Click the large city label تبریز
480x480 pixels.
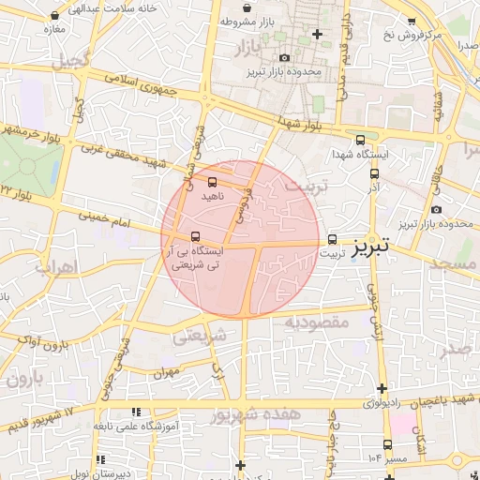tap(374, 249)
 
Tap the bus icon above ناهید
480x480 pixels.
tap(212, 182)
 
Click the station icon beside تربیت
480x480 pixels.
tap(333, 238)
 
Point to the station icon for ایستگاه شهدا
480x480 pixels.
tap(361, 140)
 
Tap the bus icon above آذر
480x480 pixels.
tap(374, 172)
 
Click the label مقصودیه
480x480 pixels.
tap(317, 322)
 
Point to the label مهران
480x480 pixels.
tap(167, 372)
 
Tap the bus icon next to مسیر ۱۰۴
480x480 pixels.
tap(387, 444)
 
